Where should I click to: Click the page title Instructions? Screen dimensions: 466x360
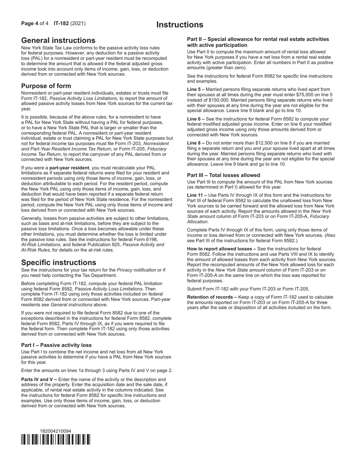(180, 25)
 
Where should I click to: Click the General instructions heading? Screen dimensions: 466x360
(58, 41)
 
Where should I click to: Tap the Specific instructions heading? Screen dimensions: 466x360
(59, 263)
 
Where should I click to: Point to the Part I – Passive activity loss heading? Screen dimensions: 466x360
(56, 345)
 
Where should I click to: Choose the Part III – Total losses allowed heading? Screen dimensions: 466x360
(224, 175)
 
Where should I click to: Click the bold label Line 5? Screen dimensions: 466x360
(194, 89)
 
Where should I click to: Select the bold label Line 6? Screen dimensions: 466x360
(194, 119)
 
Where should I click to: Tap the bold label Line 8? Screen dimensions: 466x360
(194, 143)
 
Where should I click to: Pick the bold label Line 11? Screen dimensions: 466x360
(195, 195)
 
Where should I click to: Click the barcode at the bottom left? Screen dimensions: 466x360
(56, 439)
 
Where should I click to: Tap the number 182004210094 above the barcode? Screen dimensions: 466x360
(56, 431)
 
